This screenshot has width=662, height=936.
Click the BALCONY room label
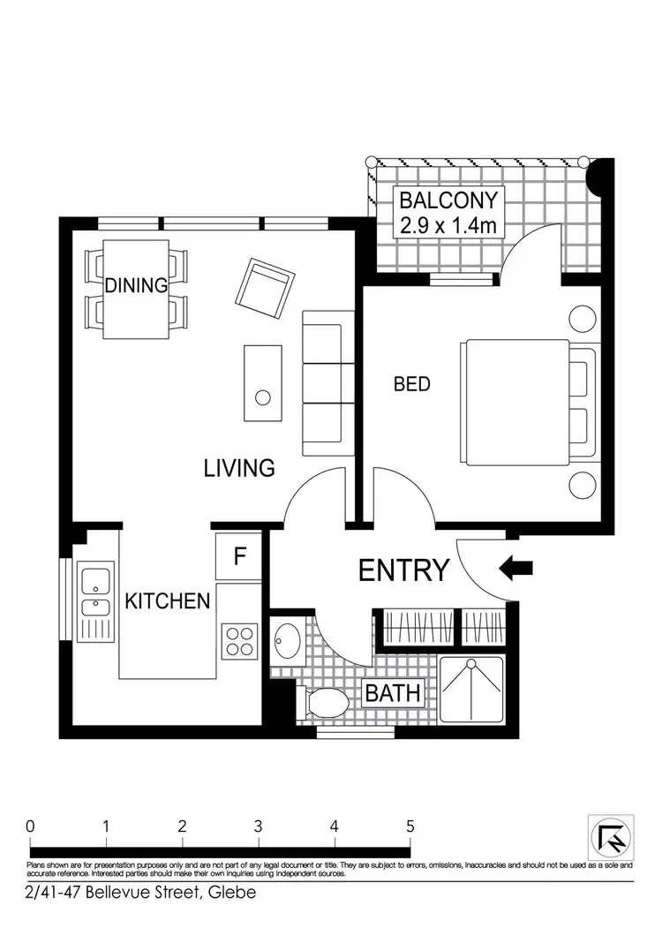pyautogui.click(x=448, y=200)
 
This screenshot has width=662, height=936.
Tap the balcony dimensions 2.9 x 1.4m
pyautogui.click(x=448, y=226)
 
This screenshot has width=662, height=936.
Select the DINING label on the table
pyautogui.click(x=136, y=285)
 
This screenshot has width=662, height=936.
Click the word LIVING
pyautogui.click(x=239, y=467)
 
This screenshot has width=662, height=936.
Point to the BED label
pyautogui.click(x=411, y=384)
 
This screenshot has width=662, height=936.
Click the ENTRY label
pyautogui.click(x=404, y=570)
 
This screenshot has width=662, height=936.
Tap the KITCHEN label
pyautogui.click(x=168, y=601)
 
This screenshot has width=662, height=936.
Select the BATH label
pyautogui.click(x=393, y=692)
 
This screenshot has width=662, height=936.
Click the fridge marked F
pyautogui.click(x=238, y=557)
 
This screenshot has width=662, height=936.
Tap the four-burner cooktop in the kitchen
pyautogui.click(x=238, y=642)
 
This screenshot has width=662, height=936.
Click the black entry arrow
pyautogui.click(x=517, y=570)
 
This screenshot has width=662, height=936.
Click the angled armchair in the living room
pyautogui.click(x=268, y=288)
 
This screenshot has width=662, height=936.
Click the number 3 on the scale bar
pyautogui.click(x=259, y=827)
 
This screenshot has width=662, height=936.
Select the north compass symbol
pyautogui.click(x=610, y=836)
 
